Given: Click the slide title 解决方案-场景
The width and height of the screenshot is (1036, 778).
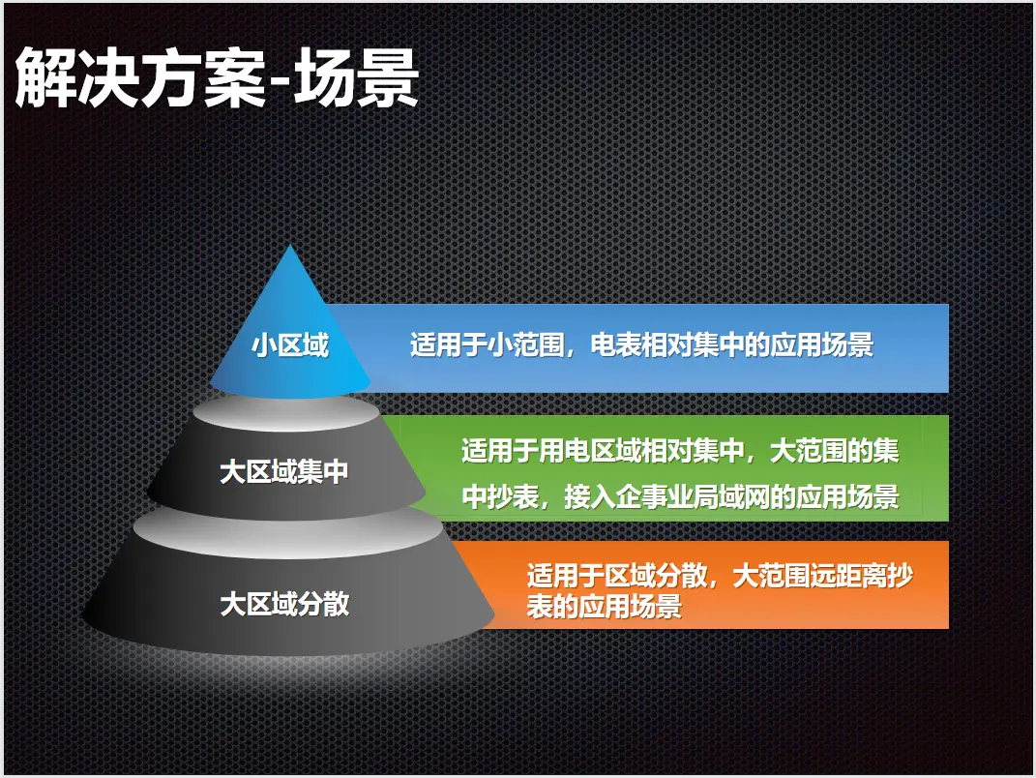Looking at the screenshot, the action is (x=217, y=78).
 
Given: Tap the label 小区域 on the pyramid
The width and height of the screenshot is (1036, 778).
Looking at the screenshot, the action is (x=289, y=345).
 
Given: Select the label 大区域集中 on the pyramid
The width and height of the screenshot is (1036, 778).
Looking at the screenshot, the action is (x=284, y=472).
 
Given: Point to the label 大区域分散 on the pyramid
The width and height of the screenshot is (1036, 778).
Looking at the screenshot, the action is (x=284, y=604).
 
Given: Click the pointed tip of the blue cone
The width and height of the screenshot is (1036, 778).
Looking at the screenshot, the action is (x=290, y=245).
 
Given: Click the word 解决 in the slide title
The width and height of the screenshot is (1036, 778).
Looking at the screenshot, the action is (x=76, y=78).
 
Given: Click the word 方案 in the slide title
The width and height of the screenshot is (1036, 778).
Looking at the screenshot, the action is (x=201, y=78).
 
